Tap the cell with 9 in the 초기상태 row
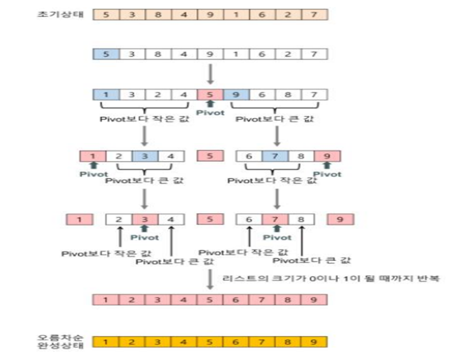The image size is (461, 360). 210,15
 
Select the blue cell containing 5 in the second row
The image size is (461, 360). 106,54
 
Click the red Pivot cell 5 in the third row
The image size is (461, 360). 210,95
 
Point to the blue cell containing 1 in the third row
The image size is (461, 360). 106,95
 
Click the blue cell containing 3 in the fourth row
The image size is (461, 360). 145,156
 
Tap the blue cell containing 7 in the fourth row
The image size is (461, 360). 275,156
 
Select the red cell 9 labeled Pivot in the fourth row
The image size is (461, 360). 327,156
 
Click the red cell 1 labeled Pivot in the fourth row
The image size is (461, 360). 92,156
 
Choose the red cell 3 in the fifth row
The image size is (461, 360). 145,220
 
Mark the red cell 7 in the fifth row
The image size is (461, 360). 275,220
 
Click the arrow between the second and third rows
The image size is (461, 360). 210,74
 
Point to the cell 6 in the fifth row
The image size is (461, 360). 249,220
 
